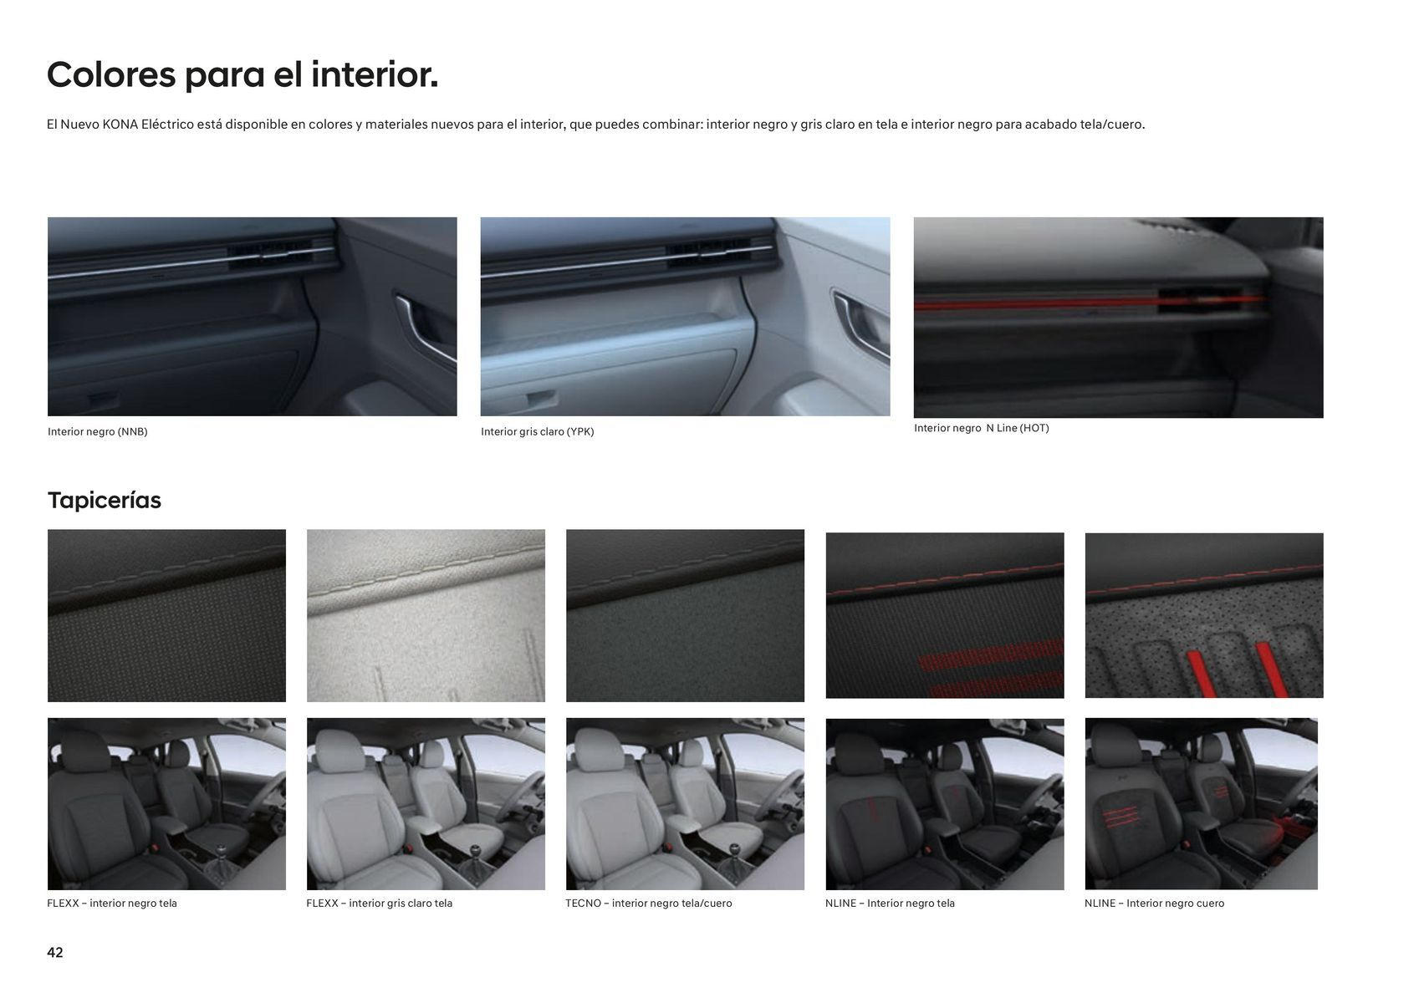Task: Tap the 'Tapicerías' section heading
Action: point(105,500)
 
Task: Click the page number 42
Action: point(55,952)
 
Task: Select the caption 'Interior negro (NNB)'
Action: point(98,432)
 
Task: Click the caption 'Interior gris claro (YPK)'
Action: point(537,432)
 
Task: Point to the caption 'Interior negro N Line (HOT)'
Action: point(982,428)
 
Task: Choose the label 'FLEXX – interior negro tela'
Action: point(112,904)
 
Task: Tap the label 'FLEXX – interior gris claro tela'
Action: point(380,904)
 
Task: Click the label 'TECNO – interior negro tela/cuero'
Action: point(649,904)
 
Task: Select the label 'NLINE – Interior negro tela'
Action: point(890,904)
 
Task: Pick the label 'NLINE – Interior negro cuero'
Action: point(1154,904)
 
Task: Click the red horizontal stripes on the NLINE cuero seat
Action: point(1116,818)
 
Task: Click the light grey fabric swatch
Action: point(426,615)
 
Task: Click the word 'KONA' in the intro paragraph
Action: point(120,125)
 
